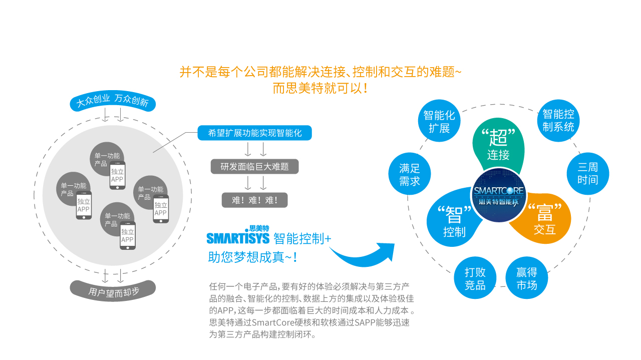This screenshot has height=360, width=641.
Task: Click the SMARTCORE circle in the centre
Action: tap(499, 195)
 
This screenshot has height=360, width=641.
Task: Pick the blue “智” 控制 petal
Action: tap(454, 219)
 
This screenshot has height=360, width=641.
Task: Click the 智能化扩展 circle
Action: tap(439, 121)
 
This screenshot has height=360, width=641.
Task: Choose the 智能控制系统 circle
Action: tap(558, 121)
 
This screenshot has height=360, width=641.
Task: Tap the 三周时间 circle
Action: tap(588, 174)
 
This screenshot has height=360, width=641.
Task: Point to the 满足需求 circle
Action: tap(410, 174)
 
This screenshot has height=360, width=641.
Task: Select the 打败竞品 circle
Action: tap(475, 278)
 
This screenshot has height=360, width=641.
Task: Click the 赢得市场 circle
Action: tap(527, 278)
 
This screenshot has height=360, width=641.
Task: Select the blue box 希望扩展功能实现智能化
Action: tap(255, 133)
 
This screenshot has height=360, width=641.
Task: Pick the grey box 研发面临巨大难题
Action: tap(255, 167)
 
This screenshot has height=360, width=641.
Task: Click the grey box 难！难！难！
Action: tap(255, 200)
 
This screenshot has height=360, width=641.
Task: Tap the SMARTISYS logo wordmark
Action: tap(238, 236)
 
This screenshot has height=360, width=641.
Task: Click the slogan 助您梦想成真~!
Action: tap(253, 257)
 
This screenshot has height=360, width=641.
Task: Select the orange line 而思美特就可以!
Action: tap(320, 88)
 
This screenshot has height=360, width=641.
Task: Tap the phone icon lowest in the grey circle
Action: tap(128, 235)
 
